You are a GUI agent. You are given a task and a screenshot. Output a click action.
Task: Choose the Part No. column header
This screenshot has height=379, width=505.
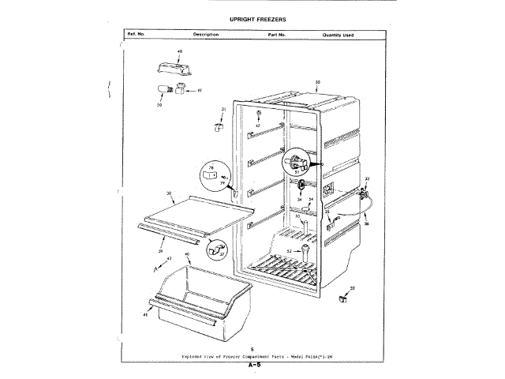click(276, 36)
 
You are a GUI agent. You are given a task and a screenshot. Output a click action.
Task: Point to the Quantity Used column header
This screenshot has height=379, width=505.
click(338, 36)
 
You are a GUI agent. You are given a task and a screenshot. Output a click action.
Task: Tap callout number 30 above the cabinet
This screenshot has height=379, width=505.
click(317, 82)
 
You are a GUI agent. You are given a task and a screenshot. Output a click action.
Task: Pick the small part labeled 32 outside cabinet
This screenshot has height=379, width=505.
click(343, 298)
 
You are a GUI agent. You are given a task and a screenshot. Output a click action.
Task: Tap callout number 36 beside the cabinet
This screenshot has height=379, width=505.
click(365, 224)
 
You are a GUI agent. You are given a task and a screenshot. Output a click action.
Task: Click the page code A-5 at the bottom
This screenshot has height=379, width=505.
click(253, 366)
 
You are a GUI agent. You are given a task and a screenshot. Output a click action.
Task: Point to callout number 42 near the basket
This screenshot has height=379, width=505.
click(169, 258)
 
